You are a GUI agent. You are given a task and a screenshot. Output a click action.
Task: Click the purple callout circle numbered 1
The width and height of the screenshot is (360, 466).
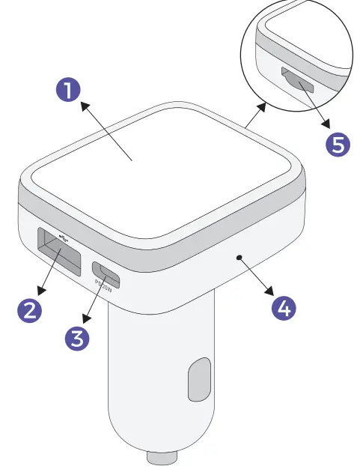[x=68, y=91]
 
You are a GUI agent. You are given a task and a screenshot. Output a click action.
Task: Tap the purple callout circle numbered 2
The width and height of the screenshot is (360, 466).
[x=29, y=309]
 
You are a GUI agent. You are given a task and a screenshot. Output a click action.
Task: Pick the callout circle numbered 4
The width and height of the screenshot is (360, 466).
[x=283, y=307]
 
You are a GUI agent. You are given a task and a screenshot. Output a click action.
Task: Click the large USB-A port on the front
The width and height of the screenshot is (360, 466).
[x=59, y=254]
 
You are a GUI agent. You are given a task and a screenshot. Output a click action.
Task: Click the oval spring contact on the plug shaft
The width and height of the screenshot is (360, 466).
[x=199, y=381]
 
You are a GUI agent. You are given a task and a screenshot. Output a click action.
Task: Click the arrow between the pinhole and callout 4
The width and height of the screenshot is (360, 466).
[x=260, y=280]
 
